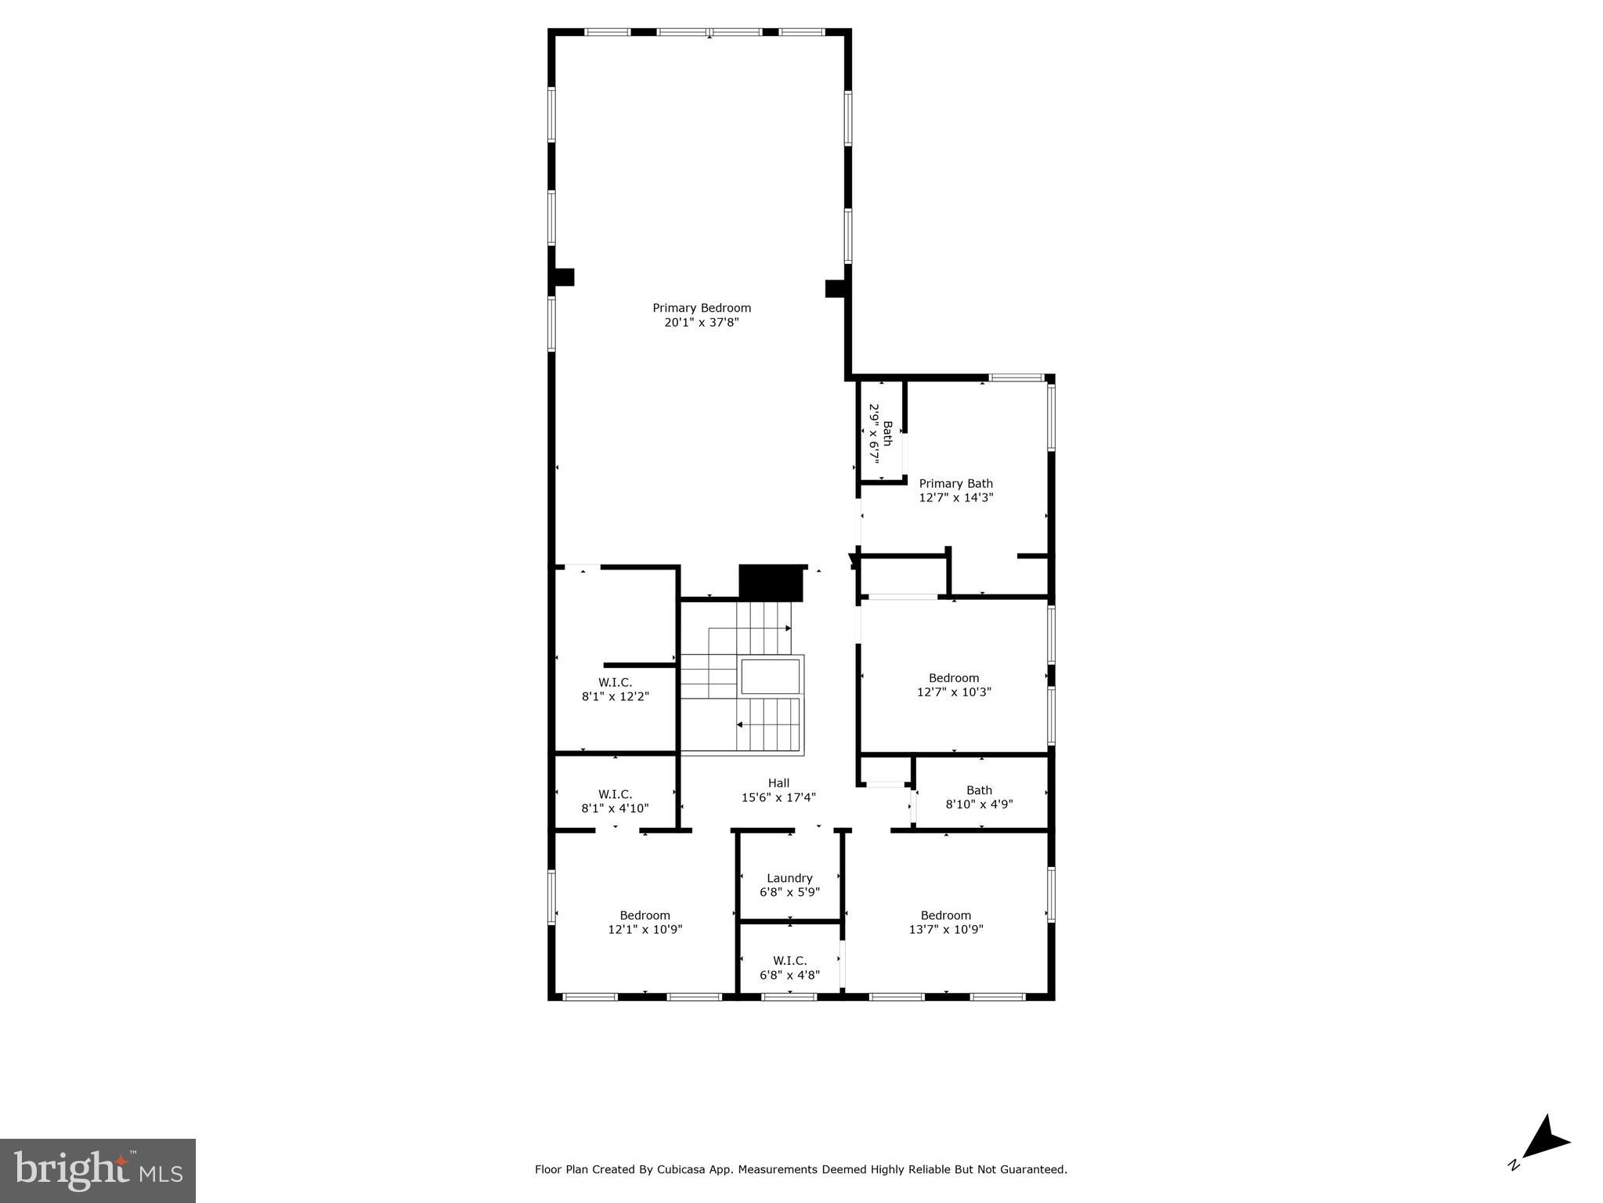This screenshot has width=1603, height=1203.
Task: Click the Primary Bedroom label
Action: [x=701, y=308]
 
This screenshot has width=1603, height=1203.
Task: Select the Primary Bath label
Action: [x=955, y=484]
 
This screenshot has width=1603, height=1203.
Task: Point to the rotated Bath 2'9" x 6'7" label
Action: [x=880, y=433]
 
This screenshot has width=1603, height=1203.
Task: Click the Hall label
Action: [x=778, y=783]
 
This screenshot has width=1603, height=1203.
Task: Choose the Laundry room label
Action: [x=789, y=878]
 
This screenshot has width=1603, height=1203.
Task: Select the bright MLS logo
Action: [x=98, y=1171]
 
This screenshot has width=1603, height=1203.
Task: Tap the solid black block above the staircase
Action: [x=772, y=582]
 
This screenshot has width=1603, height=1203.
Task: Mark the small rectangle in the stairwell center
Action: [x=770, y=677]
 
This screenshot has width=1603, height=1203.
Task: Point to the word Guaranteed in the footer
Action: [x=1033, y=1170]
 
